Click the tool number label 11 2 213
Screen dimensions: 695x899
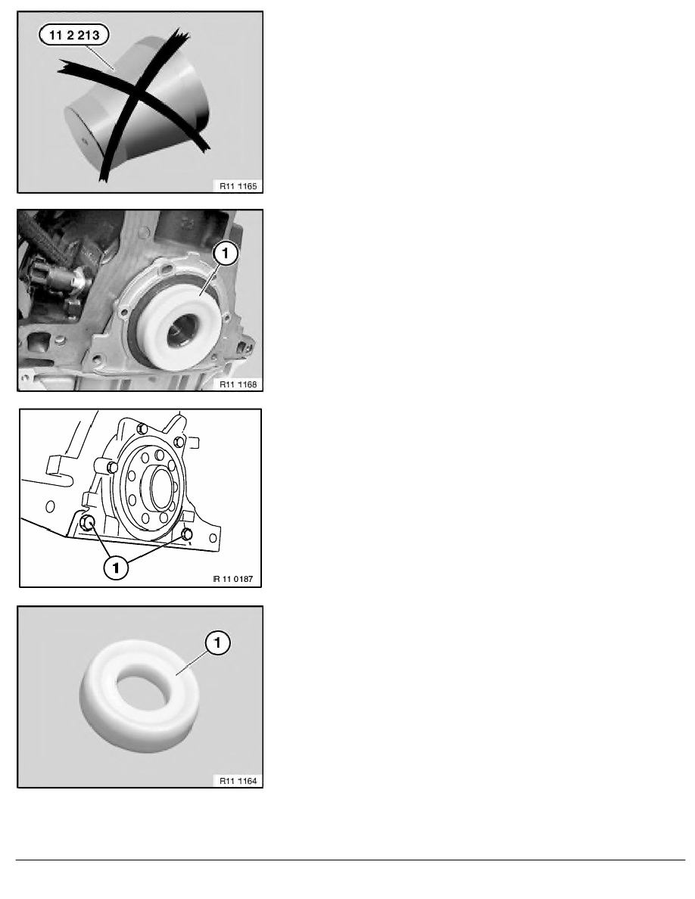pos(74,35)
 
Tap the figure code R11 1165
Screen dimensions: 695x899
pos(238,185)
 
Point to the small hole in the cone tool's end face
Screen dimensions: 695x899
pos(84,139)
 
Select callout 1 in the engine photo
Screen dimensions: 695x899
pos(225,253)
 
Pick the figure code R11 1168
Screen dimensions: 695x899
pos(238,384)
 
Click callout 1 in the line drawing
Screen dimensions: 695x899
pos(116,568)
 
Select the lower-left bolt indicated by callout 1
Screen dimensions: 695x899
pos(88,521)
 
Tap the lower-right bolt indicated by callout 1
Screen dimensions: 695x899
pos(186,534)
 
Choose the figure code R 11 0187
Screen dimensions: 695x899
pos(233,578)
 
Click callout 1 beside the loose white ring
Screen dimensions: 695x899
pos(217,642)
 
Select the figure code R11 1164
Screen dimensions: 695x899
pos(238,780)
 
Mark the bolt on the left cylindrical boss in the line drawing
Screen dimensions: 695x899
pos(112,467)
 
